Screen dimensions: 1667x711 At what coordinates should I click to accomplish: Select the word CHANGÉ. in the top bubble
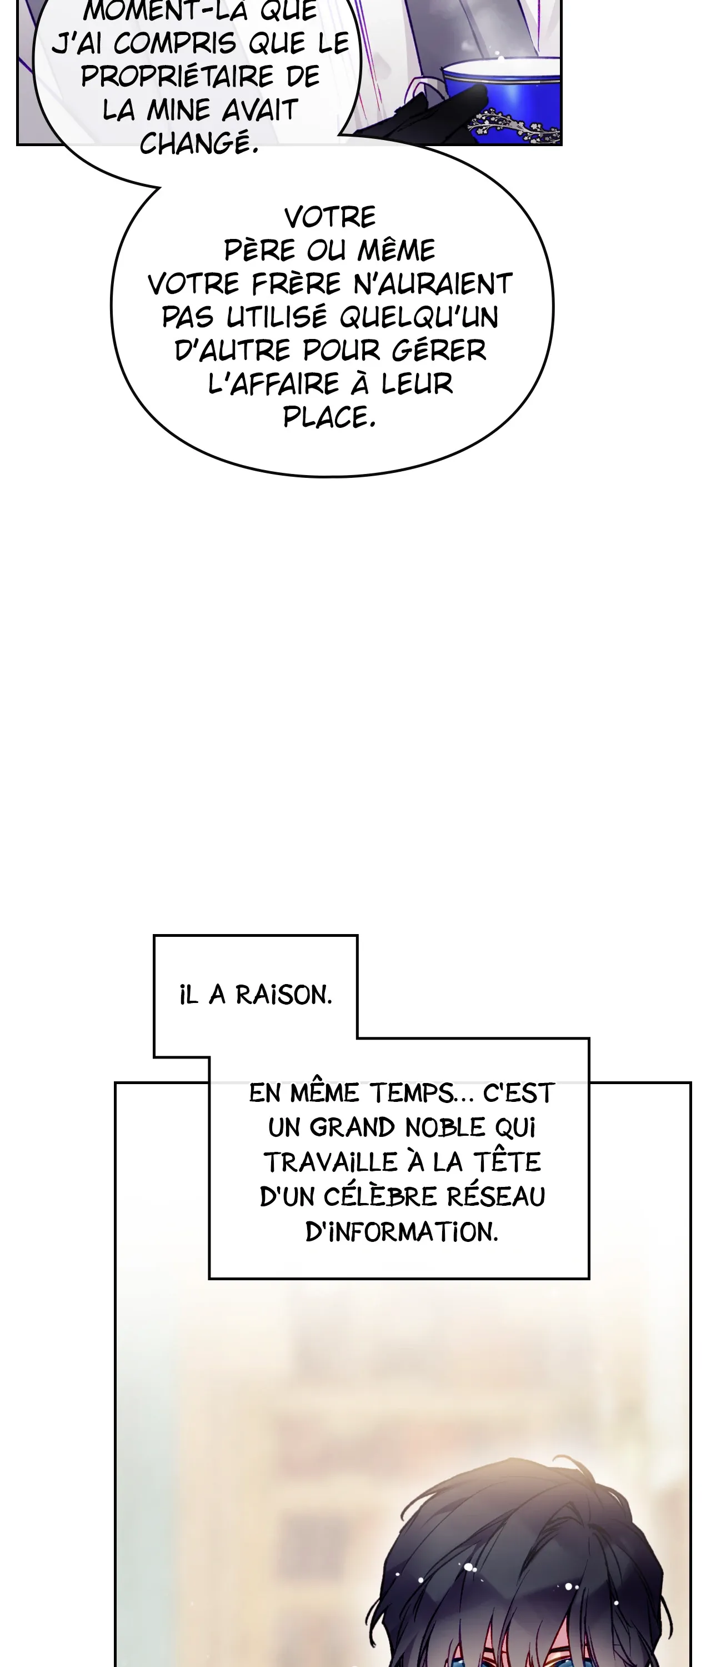[x=199, y=143]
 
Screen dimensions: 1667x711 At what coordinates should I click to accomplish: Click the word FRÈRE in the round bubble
[x=296, y=283]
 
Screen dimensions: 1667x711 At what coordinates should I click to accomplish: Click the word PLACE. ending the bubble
[x=329, y=417]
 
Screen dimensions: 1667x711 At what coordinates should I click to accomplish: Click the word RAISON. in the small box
[x=283, y=995]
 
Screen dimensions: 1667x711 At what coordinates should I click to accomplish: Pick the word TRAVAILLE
[x=330, y=1162]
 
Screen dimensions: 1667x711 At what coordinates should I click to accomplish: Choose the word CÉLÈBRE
[x=380, y=1196]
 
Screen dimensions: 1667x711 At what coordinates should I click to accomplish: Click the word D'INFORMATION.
[x=401, y=1231]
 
